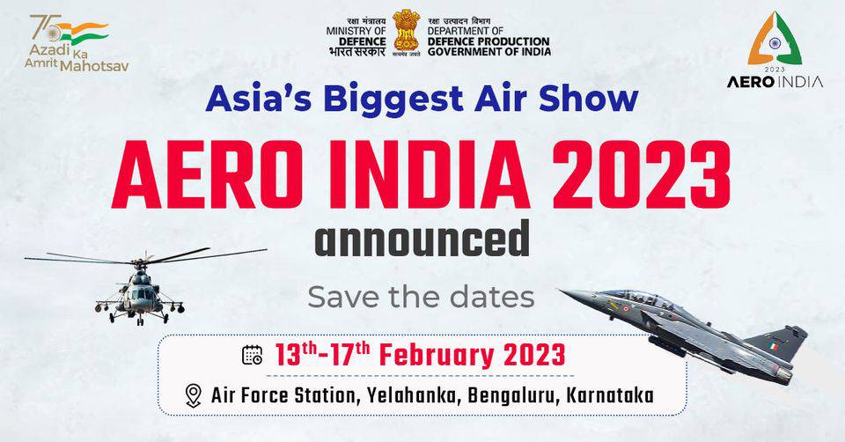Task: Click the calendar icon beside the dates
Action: point(253,355)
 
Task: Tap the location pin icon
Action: point(193,395)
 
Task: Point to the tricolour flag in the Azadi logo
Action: point(83,33)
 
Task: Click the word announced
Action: point(422,239)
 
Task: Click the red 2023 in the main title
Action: point(642,174)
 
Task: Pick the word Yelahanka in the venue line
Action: point(412,395)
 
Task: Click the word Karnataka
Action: point(611,395)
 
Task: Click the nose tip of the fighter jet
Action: point(561,291)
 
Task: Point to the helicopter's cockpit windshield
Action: point(142,294)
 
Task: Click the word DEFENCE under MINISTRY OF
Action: point(363,41)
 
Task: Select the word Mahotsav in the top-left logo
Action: point(94,66)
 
